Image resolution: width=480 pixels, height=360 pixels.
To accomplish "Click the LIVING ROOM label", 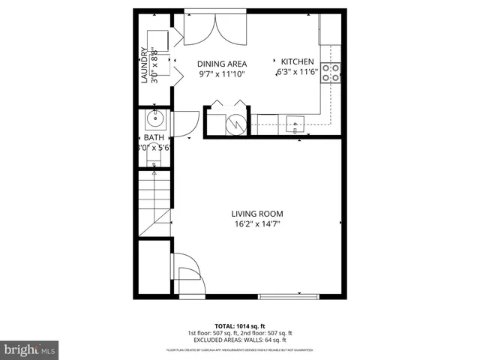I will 256,214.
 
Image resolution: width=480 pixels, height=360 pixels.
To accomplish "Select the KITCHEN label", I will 298,61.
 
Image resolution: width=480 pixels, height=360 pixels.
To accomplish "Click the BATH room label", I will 154,138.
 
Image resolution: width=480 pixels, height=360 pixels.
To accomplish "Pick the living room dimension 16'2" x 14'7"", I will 256,223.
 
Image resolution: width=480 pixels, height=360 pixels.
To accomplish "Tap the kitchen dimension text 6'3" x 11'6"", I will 298,73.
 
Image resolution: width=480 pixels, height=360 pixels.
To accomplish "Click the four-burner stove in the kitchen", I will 331,72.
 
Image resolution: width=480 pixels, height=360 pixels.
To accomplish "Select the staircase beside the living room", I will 154,199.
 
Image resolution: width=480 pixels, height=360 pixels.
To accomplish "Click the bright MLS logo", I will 30,349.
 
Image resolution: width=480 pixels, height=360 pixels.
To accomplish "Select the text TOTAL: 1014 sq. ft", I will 240,326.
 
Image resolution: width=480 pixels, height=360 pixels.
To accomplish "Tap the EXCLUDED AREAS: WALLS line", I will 240,340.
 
